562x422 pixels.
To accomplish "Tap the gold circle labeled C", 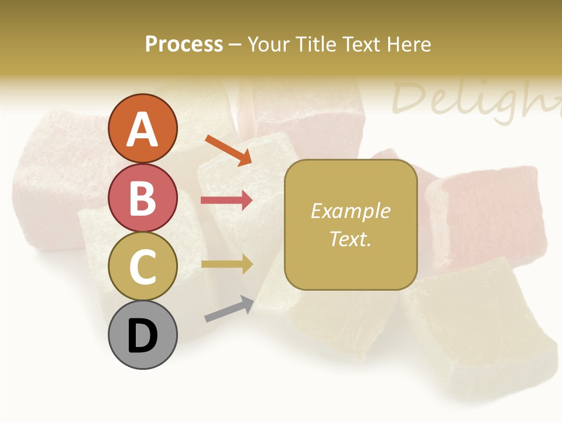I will [143, 267].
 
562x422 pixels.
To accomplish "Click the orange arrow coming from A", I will [228, 149].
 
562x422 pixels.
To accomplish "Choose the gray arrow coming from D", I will [229, 309].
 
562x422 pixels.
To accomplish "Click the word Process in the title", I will [184, 44].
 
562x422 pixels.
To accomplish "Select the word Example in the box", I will [351, 211].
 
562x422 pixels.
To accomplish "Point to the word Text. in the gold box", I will [351, 239].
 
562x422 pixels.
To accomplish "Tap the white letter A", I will [143, 129].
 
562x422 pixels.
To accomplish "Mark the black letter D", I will [143, 336].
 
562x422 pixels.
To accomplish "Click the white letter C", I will [143, 267].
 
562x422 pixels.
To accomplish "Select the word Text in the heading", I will [359, 44].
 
